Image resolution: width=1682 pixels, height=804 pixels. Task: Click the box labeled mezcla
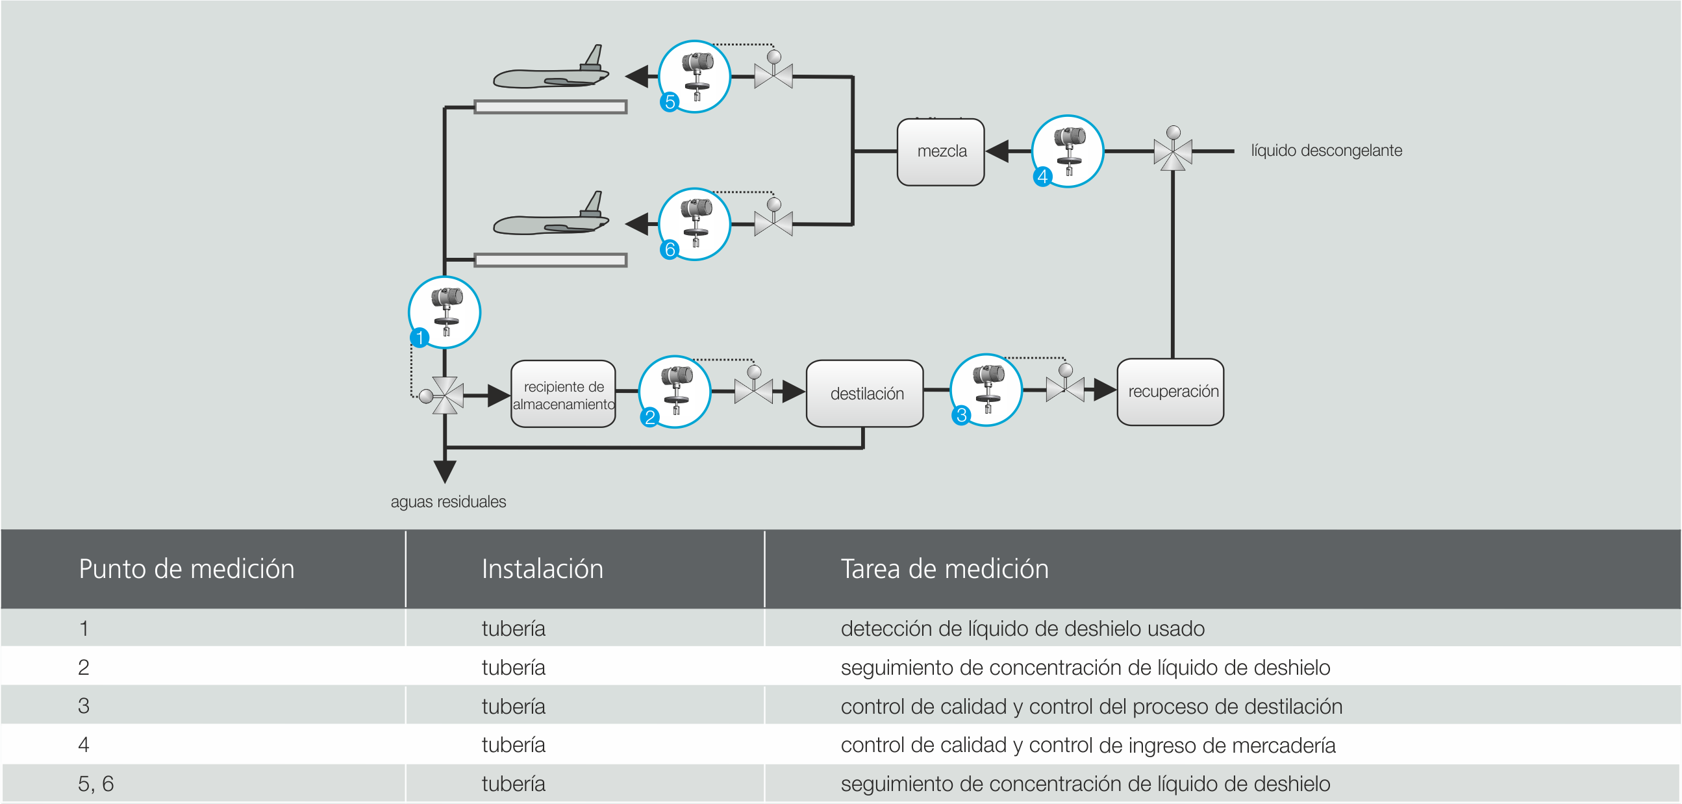941,151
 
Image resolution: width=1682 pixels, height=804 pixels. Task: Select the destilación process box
865,393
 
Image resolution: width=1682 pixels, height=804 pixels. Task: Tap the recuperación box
1171,392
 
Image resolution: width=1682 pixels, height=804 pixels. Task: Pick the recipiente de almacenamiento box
564,394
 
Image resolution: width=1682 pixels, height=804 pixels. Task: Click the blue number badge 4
1043,177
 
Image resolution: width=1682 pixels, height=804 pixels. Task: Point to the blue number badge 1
420,337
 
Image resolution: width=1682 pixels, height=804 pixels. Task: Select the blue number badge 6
670,249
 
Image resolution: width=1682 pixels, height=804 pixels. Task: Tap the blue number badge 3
961,415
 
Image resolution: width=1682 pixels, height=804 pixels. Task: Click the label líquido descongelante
1326,151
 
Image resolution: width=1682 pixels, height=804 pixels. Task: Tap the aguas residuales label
448,501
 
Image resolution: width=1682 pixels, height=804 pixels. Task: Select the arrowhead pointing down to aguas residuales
445,470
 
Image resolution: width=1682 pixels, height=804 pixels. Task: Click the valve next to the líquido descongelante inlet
1173,151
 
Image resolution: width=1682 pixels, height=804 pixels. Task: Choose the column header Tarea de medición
944,569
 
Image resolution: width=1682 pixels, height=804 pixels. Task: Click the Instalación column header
542,569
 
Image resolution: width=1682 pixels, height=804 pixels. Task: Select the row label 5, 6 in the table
96,783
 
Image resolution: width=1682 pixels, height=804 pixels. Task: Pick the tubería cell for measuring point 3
513,706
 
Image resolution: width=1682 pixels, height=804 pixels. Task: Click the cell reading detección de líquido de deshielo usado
1023,628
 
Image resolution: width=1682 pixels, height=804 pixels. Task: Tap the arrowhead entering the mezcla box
997,151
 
